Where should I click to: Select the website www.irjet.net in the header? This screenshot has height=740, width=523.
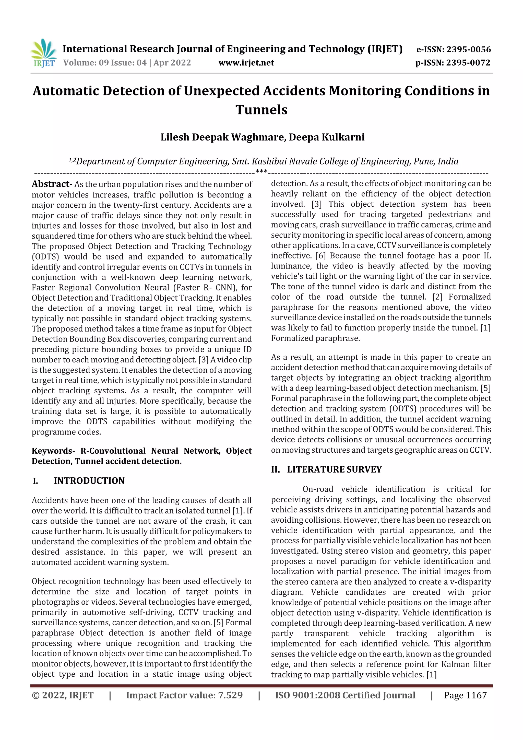point(246,63)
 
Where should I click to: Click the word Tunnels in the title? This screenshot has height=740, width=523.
point(261,110)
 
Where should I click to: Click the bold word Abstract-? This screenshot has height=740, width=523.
point(52,184)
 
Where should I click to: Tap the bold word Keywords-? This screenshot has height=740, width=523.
point(53,451)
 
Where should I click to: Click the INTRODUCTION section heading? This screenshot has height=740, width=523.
point(89,481)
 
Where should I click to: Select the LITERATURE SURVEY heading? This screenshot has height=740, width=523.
point(334,469)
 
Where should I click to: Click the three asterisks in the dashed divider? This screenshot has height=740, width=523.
point(261,171)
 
